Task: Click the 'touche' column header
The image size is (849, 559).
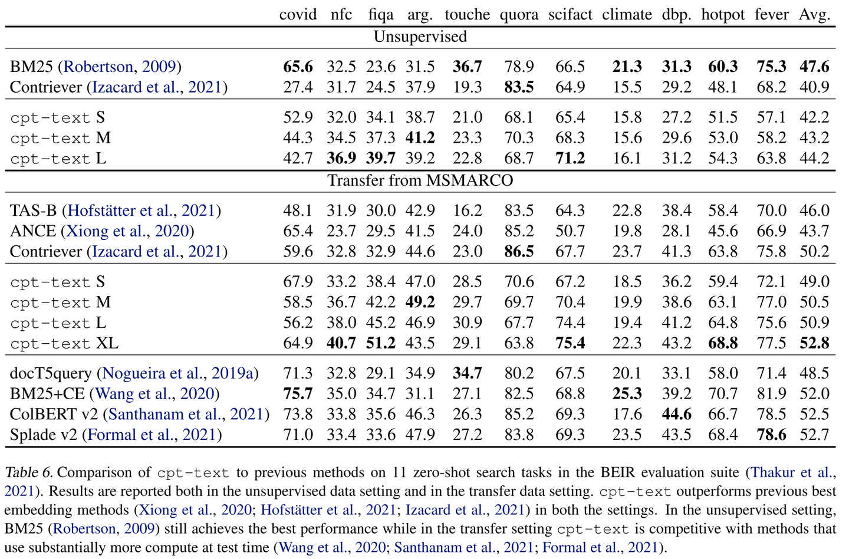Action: point(467,14)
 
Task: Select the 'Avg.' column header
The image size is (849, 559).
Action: point(815,14)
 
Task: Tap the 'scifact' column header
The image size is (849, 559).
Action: point(570,14)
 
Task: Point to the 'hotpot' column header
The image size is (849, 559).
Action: point(723,15)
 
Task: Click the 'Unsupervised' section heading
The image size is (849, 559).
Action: point(420,37)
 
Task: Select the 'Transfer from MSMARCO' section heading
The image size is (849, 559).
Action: point(420,180)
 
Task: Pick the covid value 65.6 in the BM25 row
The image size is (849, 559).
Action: point(298,67)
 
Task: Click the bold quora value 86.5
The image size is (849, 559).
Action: point(519,252)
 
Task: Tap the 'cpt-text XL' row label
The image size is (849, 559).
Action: point(64,343)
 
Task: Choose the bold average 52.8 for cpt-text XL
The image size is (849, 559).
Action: point(815,343)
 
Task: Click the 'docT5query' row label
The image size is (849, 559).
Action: point(51,374)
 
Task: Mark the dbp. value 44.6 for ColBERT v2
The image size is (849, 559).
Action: point(677,414)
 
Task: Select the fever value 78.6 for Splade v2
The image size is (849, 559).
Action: point(771,435)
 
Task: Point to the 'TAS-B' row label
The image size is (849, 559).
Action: point(33,211)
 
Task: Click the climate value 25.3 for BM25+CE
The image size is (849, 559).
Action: point(627,394)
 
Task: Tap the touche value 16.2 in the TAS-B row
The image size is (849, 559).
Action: point(467,211)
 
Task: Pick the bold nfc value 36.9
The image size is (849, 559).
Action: point(341,159)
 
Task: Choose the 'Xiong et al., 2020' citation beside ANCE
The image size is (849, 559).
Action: point(127,231)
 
